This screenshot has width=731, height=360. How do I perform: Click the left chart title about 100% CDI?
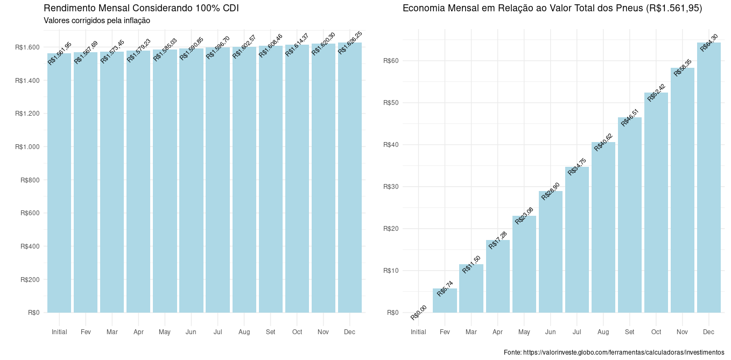coord(141,8)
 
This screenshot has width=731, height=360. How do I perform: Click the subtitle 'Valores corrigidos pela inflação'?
coord(96,20)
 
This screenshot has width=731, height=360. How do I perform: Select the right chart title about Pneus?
coord(552,8)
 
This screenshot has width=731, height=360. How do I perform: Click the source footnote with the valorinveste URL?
coord(614,352)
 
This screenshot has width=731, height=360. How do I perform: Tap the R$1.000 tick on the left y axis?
coord(27,147)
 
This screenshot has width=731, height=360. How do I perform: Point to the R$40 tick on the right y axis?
coord(391,145)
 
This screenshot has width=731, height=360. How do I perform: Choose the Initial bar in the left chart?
coord(59,183)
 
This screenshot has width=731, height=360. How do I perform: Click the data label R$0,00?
coord(419,312)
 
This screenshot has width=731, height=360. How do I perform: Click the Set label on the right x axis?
coord(629,333)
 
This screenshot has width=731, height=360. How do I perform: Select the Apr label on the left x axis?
coord(138,333)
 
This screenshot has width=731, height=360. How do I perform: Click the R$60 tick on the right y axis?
coord(391,61)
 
